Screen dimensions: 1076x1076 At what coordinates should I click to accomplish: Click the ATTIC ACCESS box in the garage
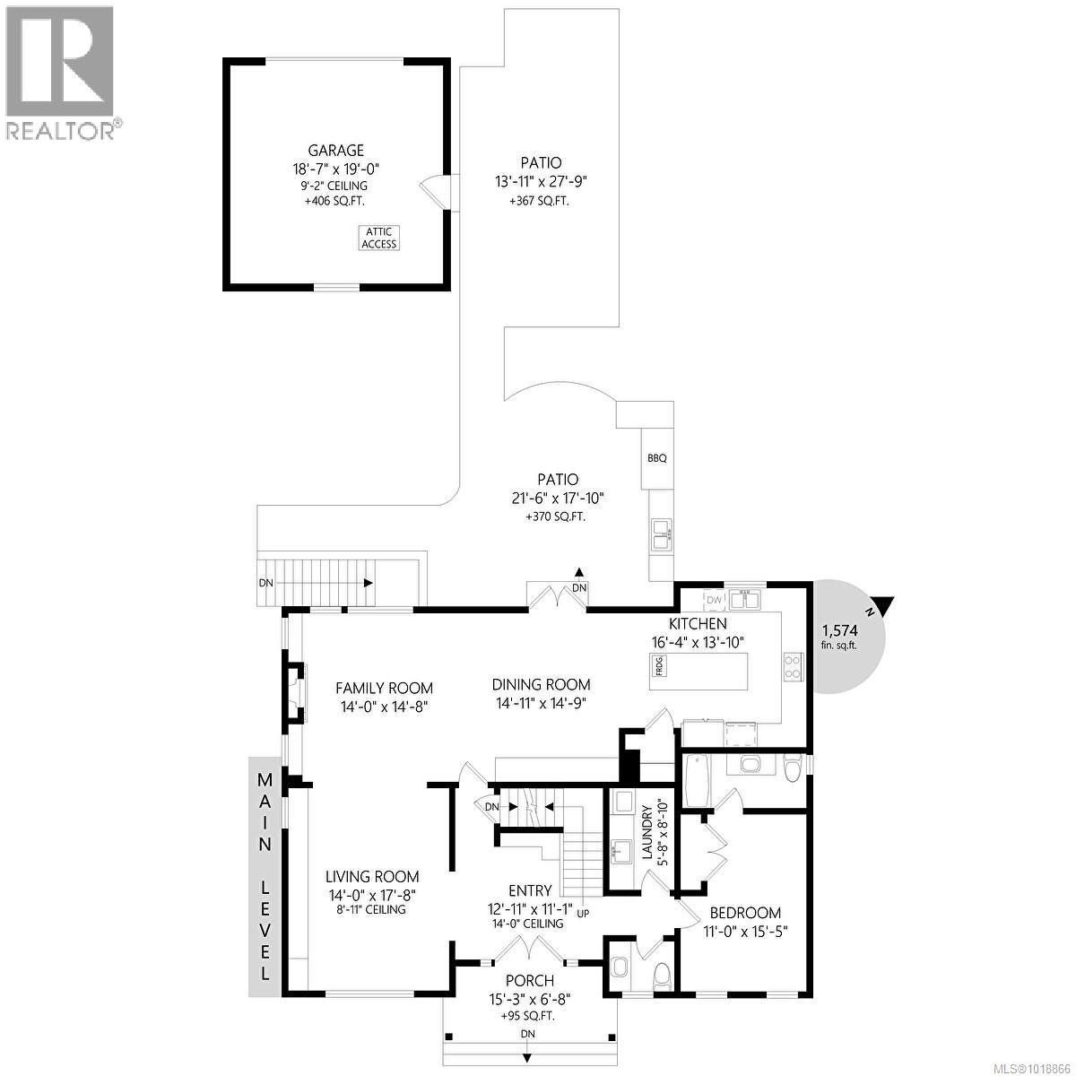pyautogui.click(x=378, y=238)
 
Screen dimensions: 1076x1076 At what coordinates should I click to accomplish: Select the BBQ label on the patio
pyautogui.click(x=657, y=458)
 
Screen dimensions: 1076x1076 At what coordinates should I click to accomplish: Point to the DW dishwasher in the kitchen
pyautogui.click(x=714, y=600)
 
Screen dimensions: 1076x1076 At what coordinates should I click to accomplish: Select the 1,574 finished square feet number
pyautogui.click(x=838, y=630)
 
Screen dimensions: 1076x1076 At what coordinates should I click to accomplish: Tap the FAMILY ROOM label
pyautogui.click(x=384, y=688)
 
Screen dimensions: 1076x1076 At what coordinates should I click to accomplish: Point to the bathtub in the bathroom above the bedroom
pyautogui.click(x=696, y=781)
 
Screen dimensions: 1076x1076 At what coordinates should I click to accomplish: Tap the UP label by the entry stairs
pyautogui.click(x=584, y=915)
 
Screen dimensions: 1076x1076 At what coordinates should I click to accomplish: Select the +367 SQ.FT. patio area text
pyautogui.click(x=539, y=201)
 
